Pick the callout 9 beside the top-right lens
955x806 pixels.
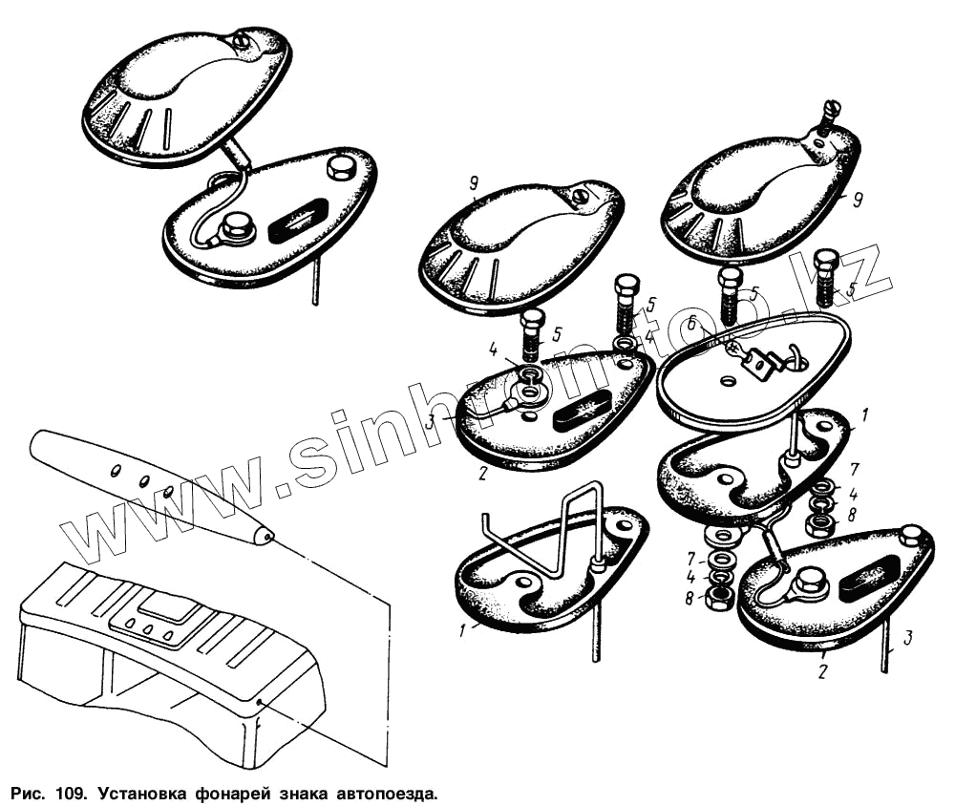857,199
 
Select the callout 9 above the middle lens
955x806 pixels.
474,182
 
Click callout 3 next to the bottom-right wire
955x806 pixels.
907,638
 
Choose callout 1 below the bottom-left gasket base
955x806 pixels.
463,630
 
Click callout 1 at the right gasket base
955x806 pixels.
865,415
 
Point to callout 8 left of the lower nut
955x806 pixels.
690,598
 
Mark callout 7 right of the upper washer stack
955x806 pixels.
854,469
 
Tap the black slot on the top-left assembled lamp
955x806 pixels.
298,220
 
